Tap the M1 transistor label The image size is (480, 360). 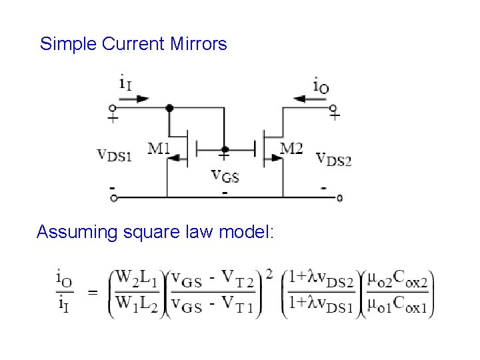[159, 148]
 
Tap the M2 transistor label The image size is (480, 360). [291, 148]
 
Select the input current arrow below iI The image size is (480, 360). [137, 99]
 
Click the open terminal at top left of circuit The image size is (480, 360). [113, 107]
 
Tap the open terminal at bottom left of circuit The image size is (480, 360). [113, 198]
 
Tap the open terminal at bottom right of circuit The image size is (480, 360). [340, 198]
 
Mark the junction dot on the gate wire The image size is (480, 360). [225, 149]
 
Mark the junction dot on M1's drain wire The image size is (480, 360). [169, 107]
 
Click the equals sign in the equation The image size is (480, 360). [92, 292]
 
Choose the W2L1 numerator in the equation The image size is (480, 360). [137, 277]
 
